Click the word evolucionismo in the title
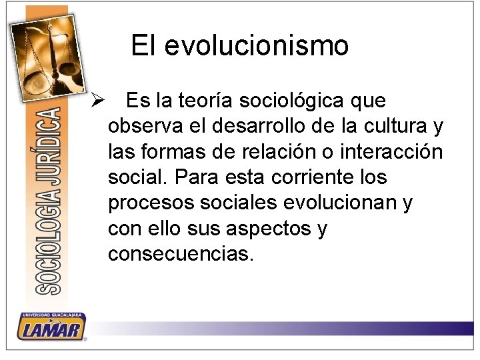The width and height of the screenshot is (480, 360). point(256,46)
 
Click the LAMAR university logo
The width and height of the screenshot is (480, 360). point(51,327)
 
